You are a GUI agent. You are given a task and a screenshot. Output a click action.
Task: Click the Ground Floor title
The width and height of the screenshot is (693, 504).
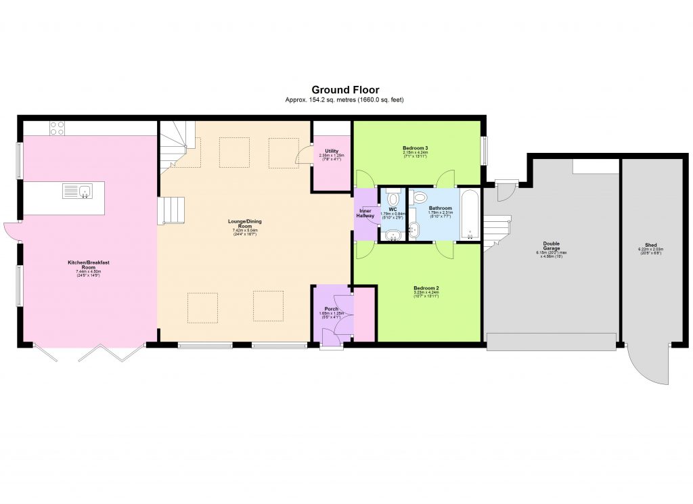[345, 89]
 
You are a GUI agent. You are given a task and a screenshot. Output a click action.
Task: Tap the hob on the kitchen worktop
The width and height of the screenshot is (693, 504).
[57, 128]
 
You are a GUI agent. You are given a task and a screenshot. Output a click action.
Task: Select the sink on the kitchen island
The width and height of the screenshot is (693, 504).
[85, 191]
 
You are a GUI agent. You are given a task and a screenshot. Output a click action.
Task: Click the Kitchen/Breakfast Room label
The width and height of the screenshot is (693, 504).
[83, 265]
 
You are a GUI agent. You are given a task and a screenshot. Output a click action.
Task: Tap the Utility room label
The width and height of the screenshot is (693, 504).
[331, 151]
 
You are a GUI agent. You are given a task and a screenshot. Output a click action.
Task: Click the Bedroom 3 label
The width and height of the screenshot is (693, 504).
[416, 147]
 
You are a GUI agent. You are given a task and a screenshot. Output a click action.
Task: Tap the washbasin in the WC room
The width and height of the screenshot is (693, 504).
[393, 233]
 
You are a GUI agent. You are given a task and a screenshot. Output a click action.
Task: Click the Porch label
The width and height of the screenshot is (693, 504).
[331, 309]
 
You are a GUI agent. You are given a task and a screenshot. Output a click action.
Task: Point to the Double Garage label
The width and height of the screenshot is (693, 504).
[551, 247]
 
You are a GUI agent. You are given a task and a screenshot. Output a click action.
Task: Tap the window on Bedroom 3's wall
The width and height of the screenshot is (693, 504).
[485, 150]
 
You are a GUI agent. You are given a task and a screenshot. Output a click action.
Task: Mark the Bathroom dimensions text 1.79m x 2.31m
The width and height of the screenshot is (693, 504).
[440, 212]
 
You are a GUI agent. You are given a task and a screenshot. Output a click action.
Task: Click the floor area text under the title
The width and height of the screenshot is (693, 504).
[345, 100]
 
